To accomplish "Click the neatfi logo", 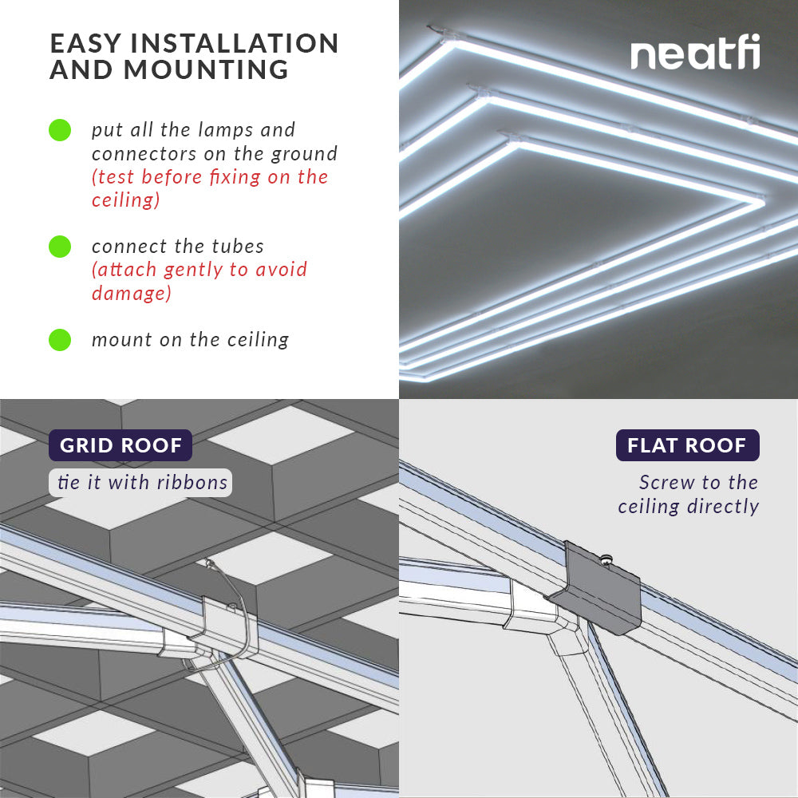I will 694,54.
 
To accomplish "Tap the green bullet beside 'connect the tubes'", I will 60,247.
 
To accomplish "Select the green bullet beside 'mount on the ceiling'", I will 60,340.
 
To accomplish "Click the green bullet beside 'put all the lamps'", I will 60,130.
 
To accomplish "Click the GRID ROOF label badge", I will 120,445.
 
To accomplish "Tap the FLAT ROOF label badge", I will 687,445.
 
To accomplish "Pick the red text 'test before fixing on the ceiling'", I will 210,188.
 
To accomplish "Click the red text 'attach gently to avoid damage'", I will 199,281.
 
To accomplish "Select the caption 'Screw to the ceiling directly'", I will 689,495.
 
